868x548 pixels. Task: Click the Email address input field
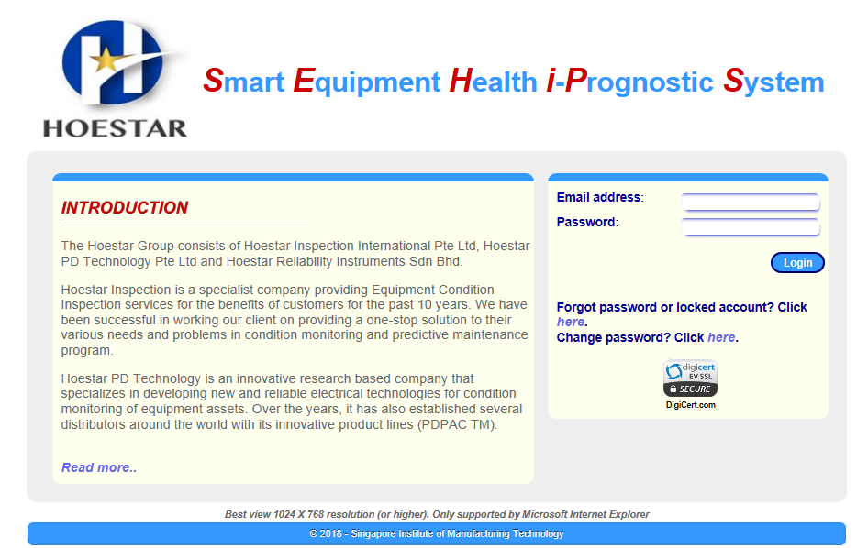750,202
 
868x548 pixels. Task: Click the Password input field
750,226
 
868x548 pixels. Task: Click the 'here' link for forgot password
570,322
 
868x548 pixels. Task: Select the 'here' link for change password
721,337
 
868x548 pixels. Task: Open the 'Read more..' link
98,467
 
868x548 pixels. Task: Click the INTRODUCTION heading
125,207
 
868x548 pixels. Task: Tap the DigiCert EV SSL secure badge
690,378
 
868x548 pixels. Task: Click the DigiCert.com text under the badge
690,405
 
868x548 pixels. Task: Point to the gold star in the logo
106,60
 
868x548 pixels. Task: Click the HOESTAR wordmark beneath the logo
115,128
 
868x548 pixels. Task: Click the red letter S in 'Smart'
213,81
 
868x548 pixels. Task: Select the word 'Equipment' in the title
367,82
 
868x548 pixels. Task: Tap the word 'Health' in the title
494,81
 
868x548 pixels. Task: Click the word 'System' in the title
773,82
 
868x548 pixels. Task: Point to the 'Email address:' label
600,197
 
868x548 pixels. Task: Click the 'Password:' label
587,222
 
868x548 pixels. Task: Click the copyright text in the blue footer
436,533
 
